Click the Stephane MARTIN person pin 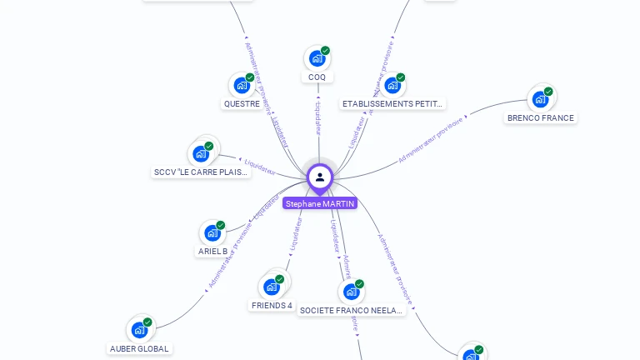(320, 177)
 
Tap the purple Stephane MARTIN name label (320, 203)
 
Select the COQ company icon (317, 58)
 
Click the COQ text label (317, 77)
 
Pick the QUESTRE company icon (242, 85)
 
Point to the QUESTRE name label (242, 104)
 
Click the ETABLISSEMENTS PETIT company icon (392, 85)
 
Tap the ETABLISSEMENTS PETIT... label (392, 104)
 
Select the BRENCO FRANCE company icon (541, 99)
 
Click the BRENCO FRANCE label (541, 118)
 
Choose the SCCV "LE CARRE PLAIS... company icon (201, 153)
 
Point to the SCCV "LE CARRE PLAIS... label (201, 172)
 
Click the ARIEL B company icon (212, 232)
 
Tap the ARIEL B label (212, 252)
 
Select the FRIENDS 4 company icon (272, 287)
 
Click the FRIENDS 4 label (272, 306)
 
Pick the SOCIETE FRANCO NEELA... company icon (352, 292)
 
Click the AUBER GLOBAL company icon (139, 330)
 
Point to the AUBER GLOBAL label (139, 349)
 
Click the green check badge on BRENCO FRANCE (549, 91)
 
